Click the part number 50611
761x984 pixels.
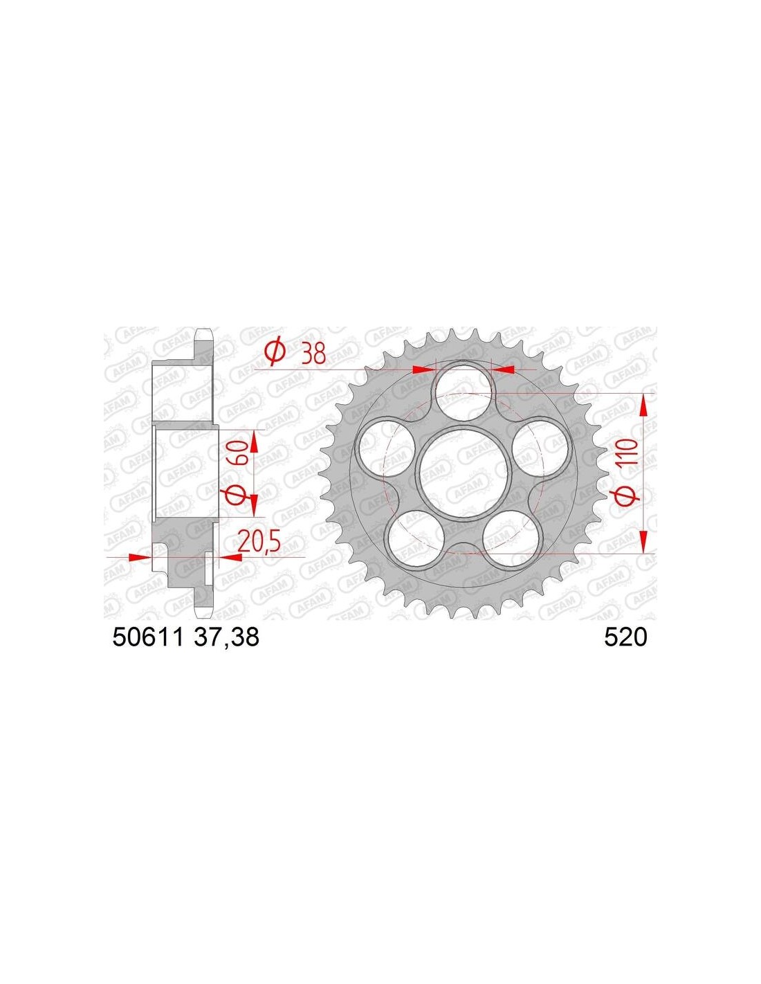click(147, 637)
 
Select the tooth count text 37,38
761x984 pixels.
click(226, 637)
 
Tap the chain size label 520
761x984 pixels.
click(625, 637)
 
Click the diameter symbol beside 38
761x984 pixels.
click(275, 353)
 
